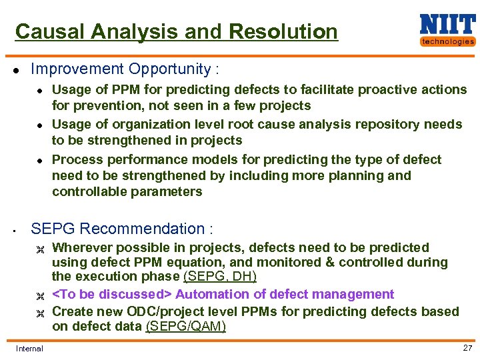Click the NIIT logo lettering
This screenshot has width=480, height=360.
447,25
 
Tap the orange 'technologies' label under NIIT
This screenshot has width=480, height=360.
447,41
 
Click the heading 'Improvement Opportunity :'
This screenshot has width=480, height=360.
125,69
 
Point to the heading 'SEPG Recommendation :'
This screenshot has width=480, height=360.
122,229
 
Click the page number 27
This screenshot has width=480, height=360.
467,348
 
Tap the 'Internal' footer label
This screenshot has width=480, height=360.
29,348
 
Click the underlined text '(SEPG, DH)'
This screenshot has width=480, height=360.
219,277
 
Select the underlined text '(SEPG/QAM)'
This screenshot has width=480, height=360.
185,326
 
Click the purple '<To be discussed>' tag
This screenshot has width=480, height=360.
112,294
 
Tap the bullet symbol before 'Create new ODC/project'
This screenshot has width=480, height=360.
39,312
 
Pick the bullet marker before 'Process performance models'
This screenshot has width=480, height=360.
40,160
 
